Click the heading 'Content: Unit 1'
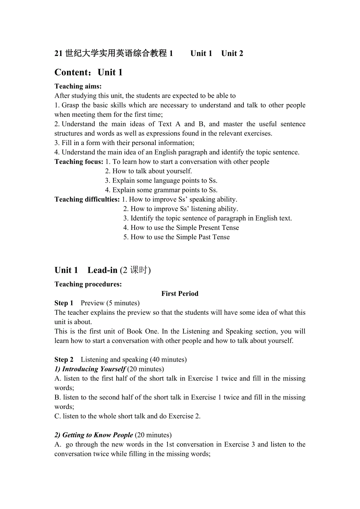[x=88, y=72]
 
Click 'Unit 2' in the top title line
[x=232, y=54]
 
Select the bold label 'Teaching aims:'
[x=78, y=86]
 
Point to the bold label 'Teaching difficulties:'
[x=87, y=199]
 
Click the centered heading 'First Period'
[x=180, y=294]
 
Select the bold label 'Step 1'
[x=64, y=303]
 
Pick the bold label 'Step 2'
[x=64, y=360]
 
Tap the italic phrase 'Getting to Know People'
[x=98, y=435]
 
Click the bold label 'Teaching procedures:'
[x=88, y=284]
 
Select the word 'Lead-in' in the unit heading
[x=103, y=270]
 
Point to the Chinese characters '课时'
[x=139, y=270]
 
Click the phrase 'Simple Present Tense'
[x=207, y=228]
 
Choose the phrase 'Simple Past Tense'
[x=203, y=237]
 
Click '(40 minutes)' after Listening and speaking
[x=168, y=360]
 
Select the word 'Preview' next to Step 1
[x=92, y=303]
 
